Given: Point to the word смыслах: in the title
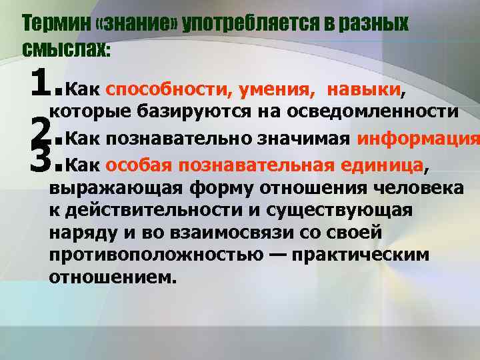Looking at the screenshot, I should point(66,47).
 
